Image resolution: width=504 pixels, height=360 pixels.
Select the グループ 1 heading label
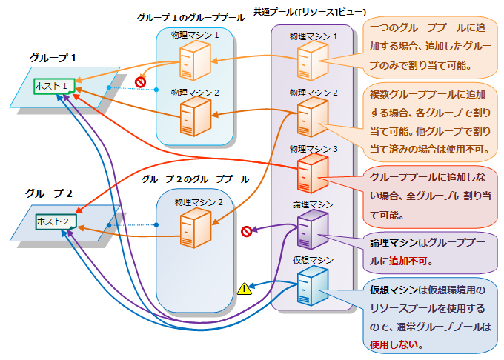coord(54,57)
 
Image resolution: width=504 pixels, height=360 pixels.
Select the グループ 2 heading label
coord(49,193)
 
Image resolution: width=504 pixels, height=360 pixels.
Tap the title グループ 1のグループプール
coord(190,17)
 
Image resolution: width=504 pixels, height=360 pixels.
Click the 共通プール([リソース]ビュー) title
coord(310,13)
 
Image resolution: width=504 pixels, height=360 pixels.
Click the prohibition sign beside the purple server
coord(247,231)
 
